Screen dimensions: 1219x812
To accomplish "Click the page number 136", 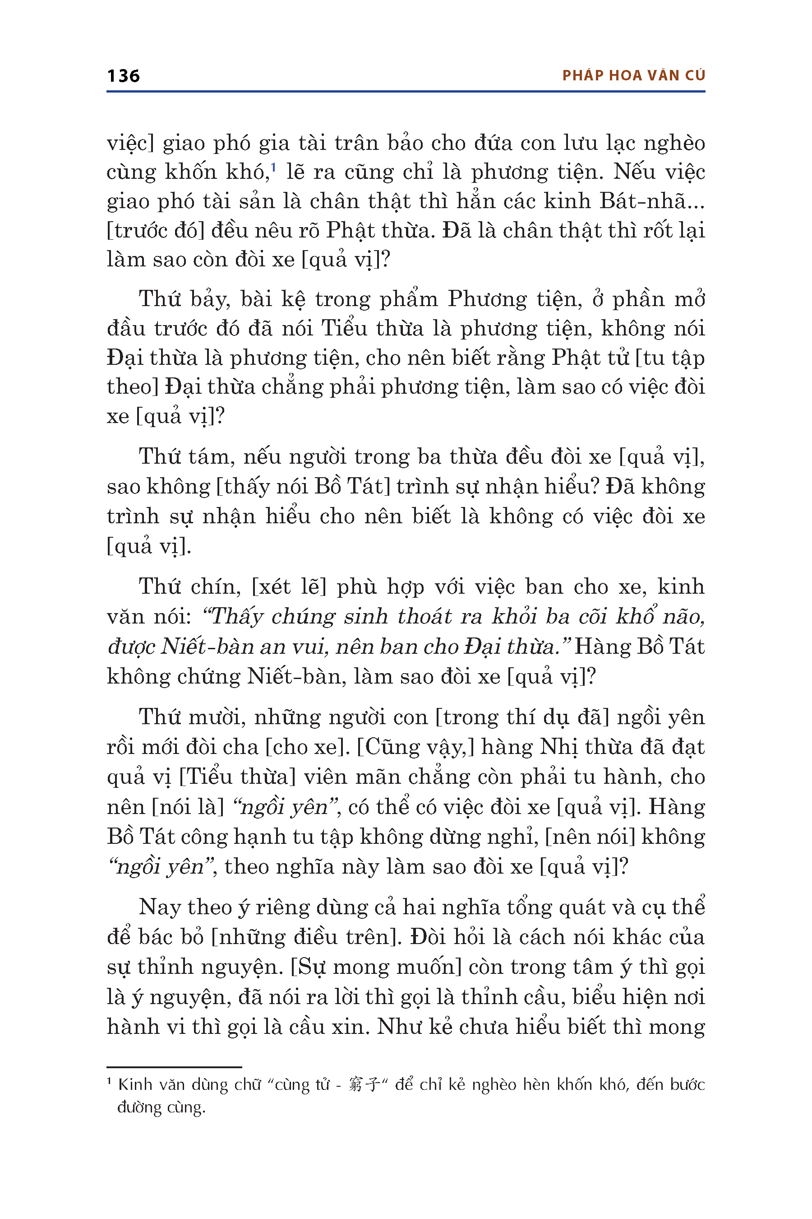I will tap(123, 76).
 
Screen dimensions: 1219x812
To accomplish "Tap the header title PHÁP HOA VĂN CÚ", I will tap(633, 76).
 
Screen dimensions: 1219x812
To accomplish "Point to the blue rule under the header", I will tap(406, 92).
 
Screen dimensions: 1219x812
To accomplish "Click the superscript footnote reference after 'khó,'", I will tap(273, 167).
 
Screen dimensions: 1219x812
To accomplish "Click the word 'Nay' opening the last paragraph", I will tap(158, 907).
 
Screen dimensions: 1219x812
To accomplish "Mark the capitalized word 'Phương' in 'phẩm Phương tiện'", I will tap(484, 300).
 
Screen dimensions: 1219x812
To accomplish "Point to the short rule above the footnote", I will tap(174, 1067).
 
